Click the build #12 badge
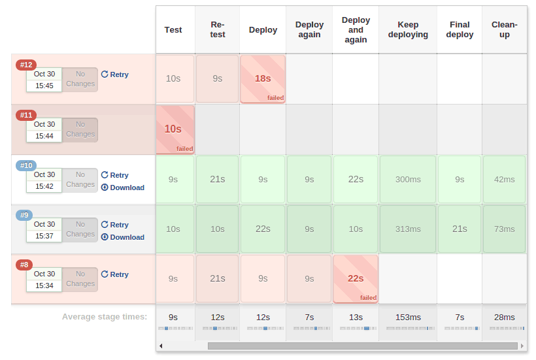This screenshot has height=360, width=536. click(26, 65)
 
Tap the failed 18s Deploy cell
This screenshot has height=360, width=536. click(263, 78)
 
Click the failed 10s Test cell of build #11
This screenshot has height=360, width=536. click(173, 129)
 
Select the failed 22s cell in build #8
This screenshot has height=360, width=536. click(356, 278)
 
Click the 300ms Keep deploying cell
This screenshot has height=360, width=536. click(408, 179)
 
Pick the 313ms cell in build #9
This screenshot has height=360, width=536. click(408, 229)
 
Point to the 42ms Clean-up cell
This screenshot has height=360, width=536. click(504, 179)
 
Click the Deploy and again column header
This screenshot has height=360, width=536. click(356, 30)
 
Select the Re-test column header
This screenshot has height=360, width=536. click(218, 30)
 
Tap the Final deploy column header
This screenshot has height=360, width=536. click(460, 30)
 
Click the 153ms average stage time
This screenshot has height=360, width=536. click(408, 317)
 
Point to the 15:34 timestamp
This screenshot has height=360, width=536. click(44, 286)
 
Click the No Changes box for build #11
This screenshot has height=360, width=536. click(80, 129)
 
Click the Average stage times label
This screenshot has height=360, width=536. click(105, 317)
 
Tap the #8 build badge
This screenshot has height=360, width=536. click(24, 265)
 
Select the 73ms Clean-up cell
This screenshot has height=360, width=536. click(504, 229)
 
